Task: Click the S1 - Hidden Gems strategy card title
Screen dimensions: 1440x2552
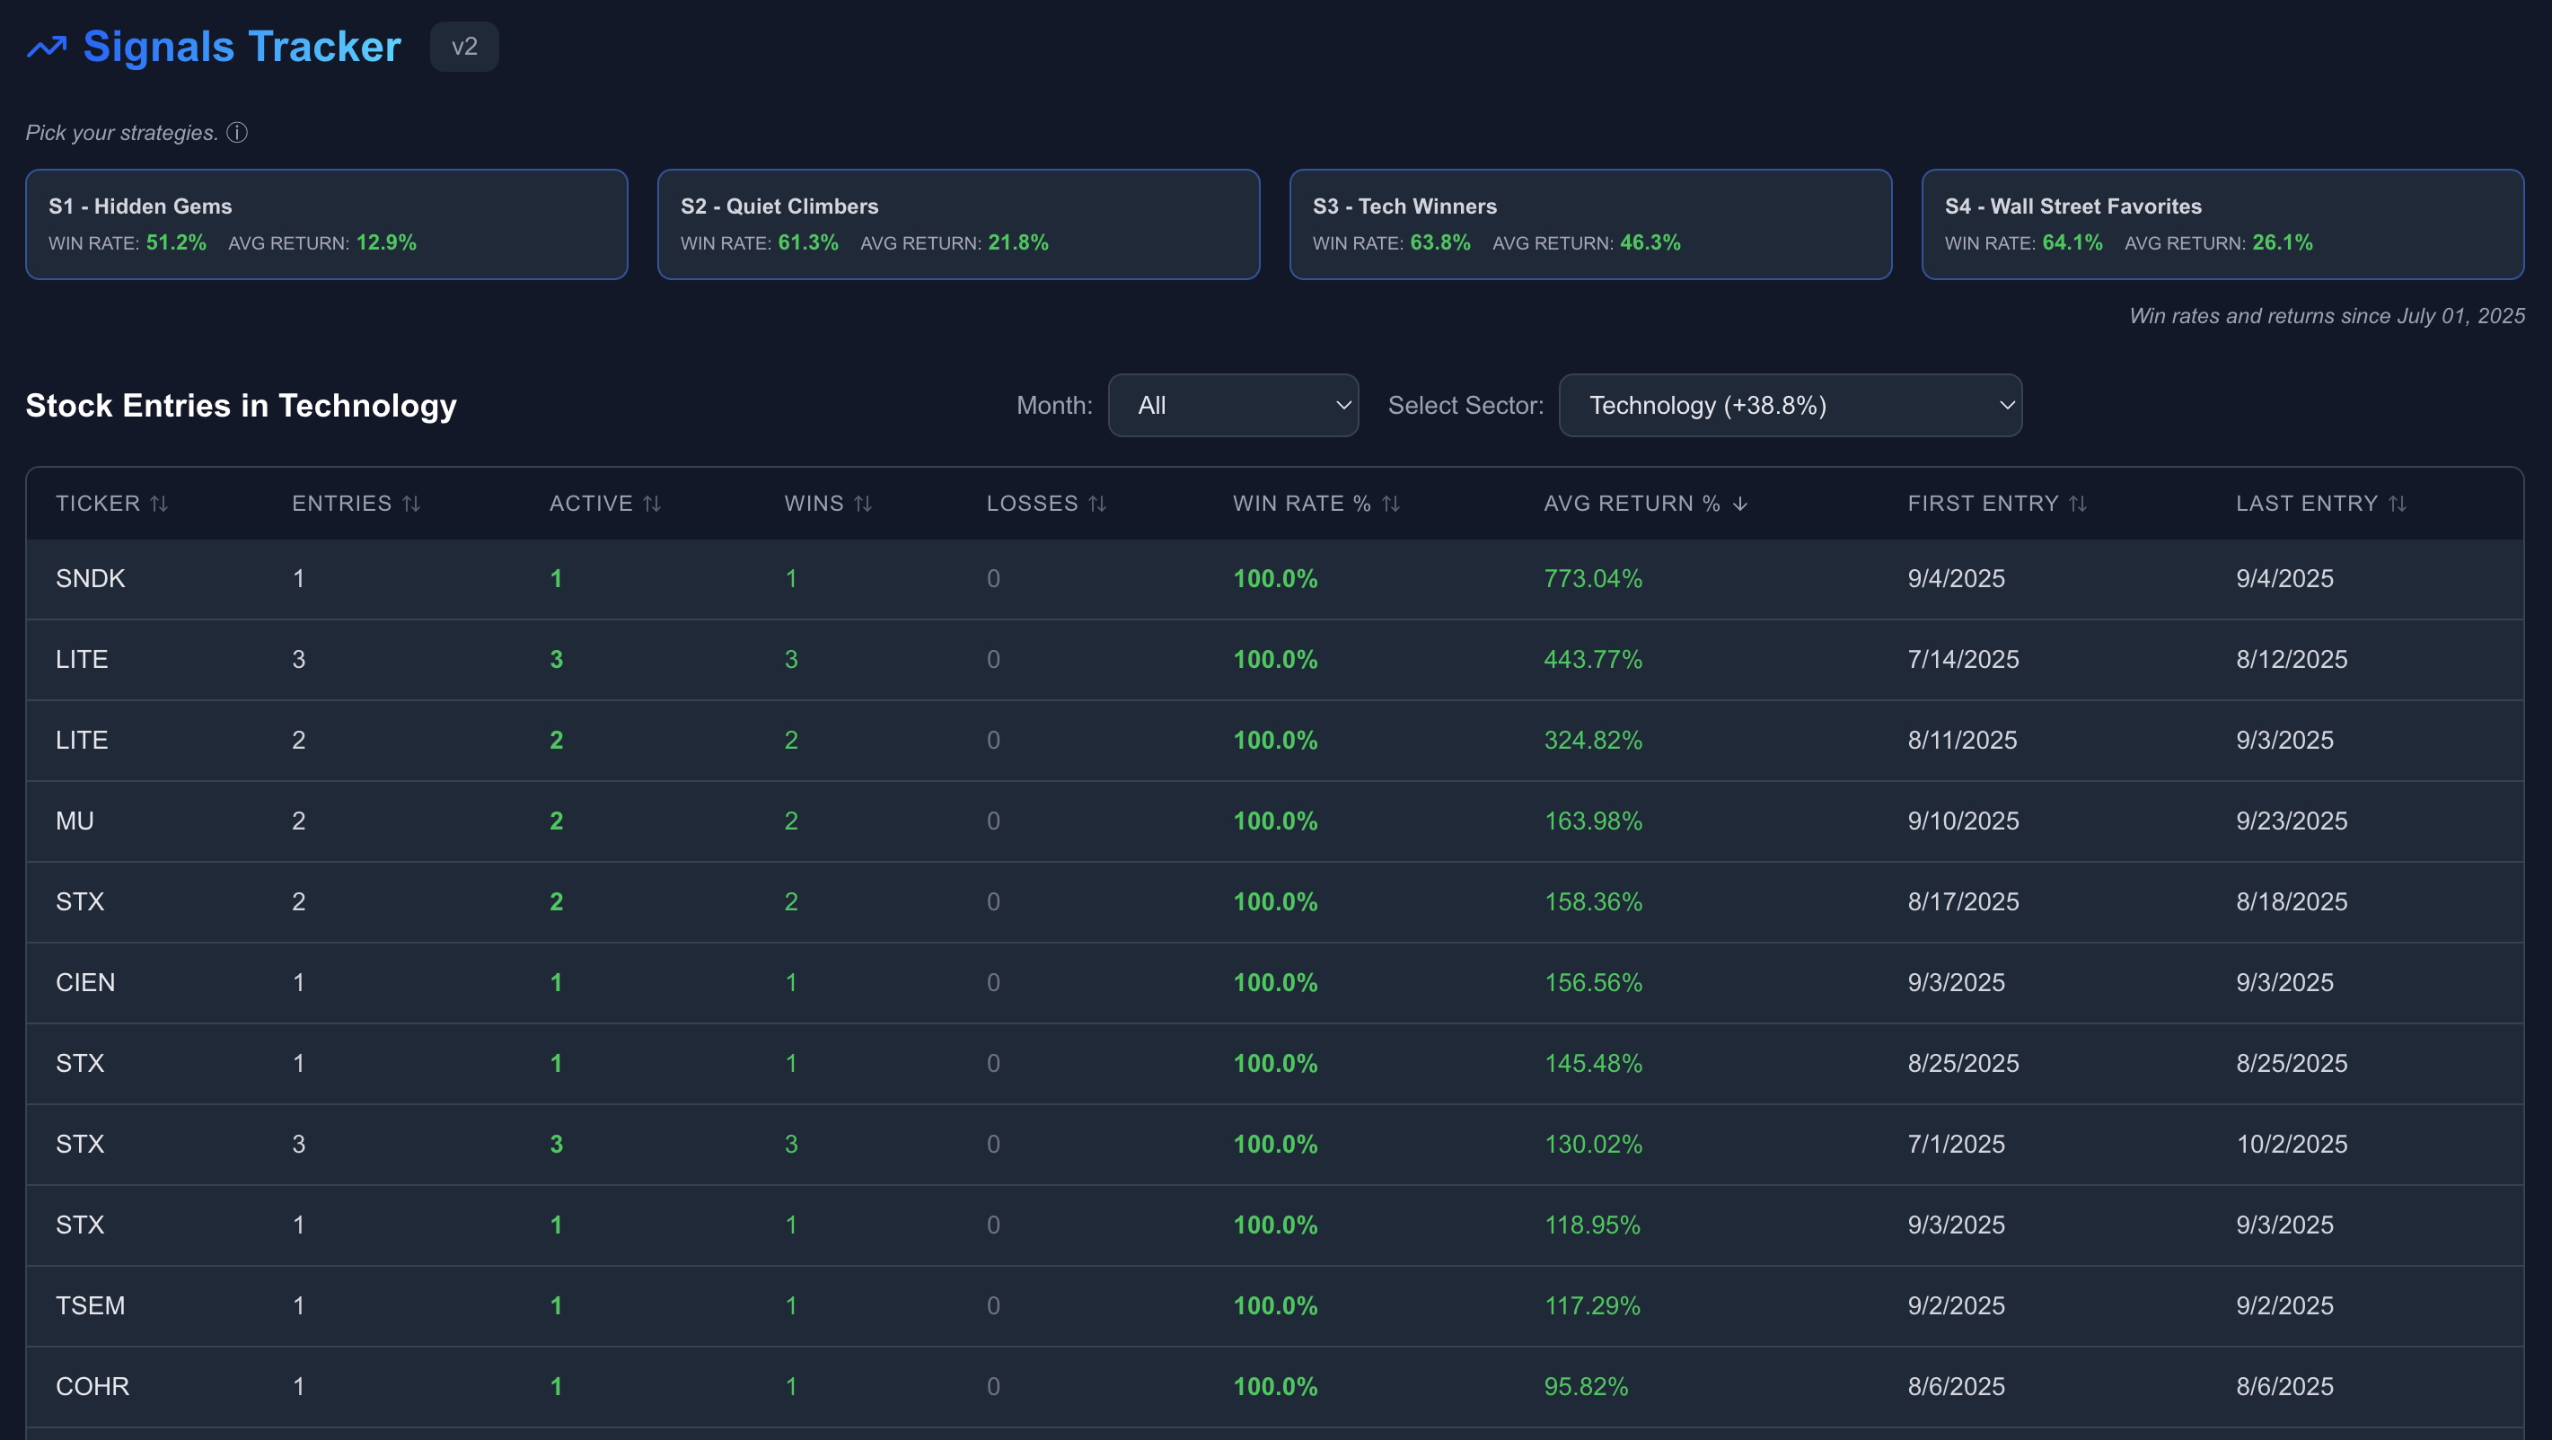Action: pos(140,206)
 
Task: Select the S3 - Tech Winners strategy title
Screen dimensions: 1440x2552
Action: pos(1404,206)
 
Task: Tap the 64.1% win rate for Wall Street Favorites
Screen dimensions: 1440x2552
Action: pos(2072,242)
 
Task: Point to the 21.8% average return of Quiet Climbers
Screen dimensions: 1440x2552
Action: pos(1017,242)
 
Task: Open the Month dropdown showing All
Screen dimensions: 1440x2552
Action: pos(1232,405)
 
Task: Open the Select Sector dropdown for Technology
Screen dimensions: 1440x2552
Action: pos(1789,405)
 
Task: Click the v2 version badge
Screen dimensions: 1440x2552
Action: pos(463,47)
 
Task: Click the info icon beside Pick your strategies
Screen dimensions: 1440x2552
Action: pos(237,133)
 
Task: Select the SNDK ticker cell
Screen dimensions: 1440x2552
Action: pos(90,578)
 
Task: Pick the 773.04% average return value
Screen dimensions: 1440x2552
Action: pos(1592,578)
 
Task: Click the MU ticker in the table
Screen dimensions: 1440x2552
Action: pos(75,821)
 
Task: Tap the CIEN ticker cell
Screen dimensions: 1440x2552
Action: pos(85,982)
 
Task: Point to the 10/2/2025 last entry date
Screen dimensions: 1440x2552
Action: pos(2291,1144)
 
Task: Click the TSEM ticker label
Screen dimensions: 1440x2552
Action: pos(90,1305)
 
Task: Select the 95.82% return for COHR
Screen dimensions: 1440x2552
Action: pos(1585,1386)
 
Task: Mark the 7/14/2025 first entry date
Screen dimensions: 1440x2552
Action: pos(1963,660)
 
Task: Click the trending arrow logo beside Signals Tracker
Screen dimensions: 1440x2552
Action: pos(47,47)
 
